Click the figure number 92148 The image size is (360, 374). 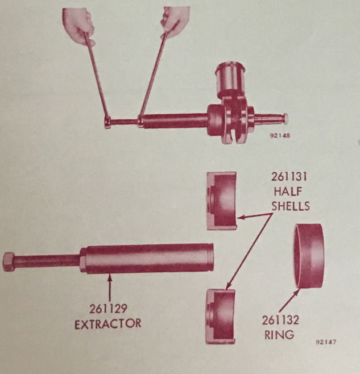point(280,135)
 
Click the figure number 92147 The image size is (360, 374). point(326,342)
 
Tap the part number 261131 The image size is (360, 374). point(289,177)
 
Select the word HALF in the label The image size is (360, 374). point(288,192)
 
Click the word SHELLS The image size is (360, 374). point(291,206)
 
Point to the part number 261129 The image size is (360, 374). point(109,309)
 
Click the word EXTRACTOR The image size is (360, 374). point(108,324)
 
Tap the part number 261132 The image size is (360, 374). point(280,320)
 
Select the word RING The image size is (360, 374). point(279,334)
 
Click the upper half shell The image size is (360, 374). point(222,201)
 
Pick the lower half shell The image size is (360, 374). point(220,317)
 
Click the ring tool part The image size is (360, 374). point(308,256)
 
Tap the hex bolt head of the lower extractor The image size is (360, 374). point(9,262)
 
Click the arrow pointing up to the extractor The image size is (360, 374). point(110,288)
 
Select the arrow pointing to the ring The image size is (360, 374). point(289,300)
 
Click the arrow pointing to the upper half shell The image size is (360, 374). point(254,216)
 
